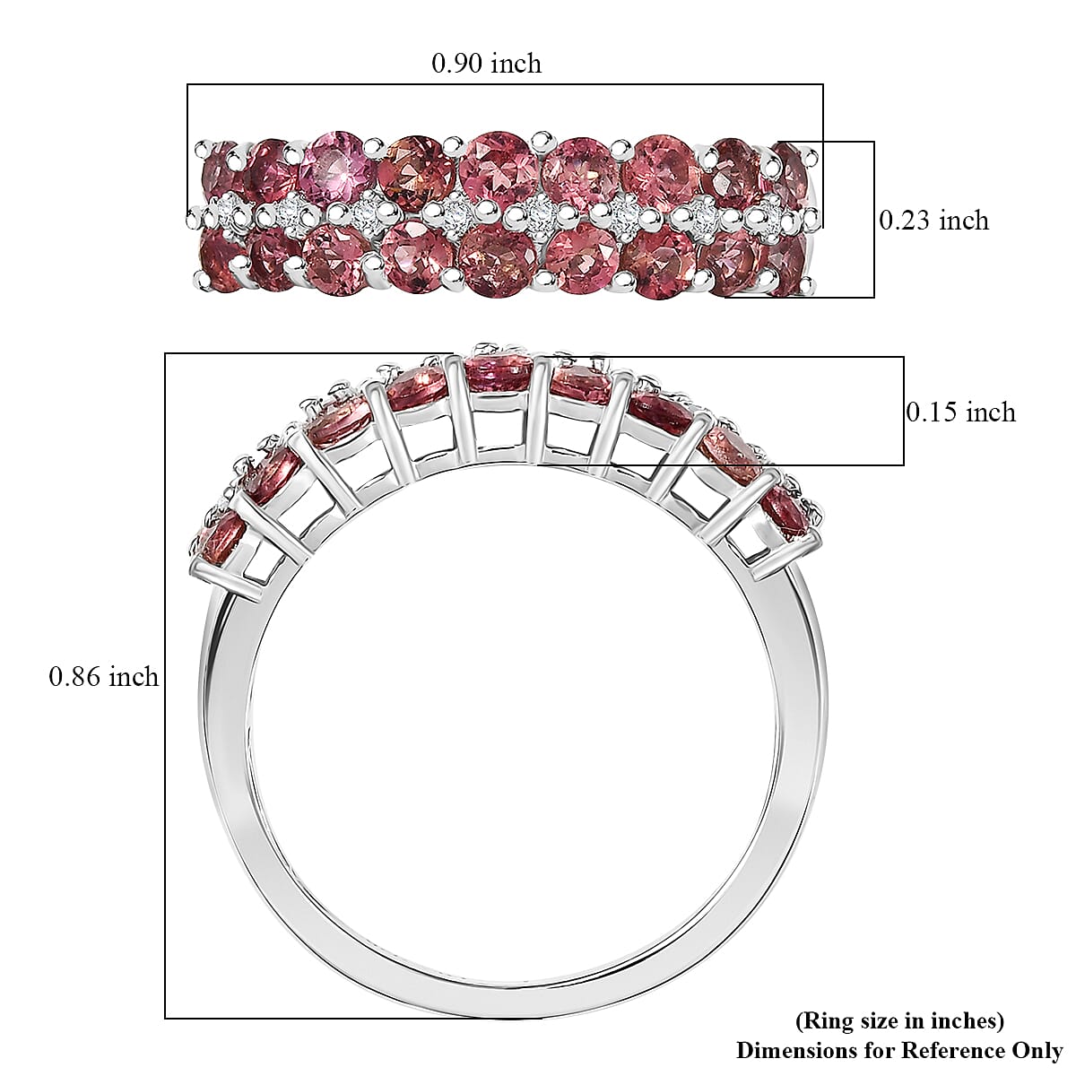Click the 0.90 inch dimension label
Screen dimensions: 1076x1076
click(486, 64)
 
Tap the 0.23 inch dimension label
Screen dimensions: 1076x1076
click(933, 221)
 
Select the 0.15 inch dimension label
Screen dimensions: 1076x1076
click(960, 412)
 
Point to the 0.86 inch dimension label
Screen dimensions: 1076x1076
click(103, 677)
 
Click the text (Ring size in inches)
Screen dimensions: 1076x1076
click(899, 1020)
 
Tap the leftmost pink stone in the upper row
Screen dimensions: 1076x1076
click(216, 164)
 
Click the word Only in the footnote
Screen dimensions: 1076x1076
click(1039, 1050)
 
